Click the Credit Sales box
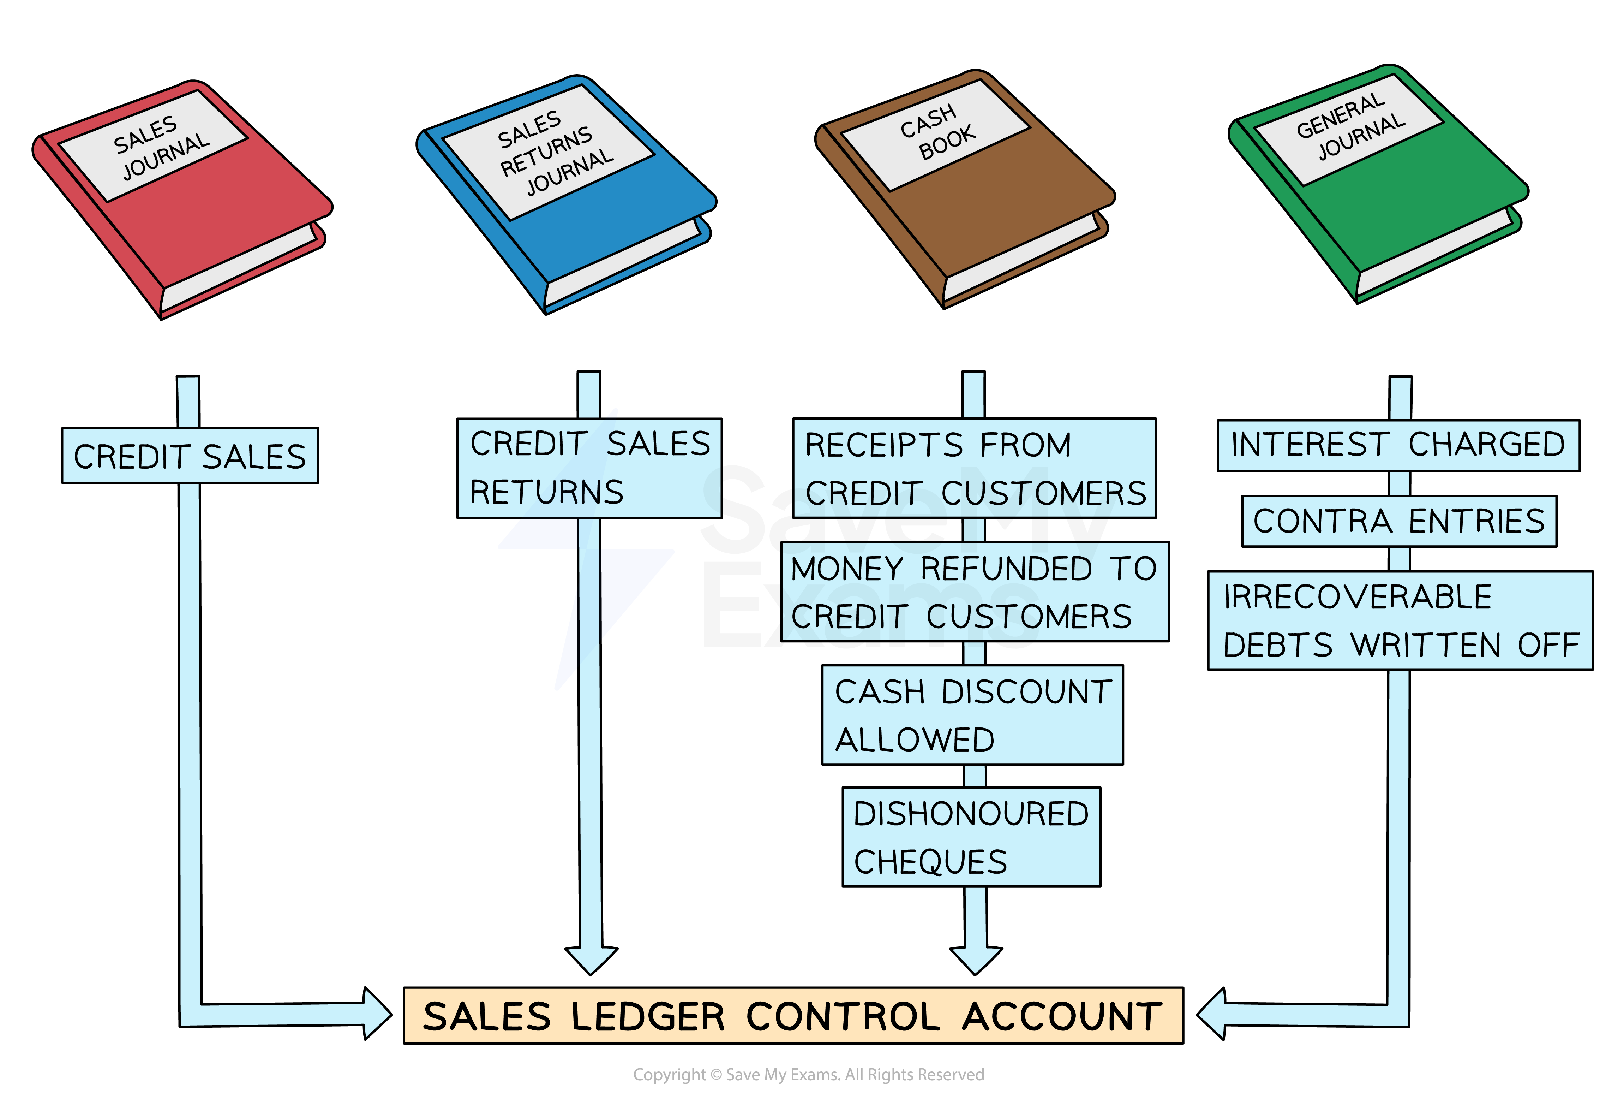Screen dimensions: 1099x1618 tap(190, 456)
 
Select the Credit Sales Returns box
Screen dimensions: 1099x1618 tap(589, 468)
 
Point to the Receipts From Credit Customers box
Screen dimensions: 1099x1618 tap(974, 468)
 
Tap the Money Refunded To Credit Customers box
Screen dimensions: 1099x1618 tap(974, 592)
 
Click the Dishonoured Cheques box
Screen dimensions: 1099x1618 tap(971, 837)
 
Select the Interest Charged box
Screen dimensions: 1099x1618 tap(1398, 445)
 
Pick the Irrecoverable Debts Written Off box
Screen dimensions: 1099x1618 tap(1400, 620)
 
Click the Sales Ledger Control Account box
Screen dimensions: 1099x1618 tap(793, 1015)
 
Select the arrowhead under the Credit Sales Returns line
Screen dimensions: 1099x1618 tap(591, 960)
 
